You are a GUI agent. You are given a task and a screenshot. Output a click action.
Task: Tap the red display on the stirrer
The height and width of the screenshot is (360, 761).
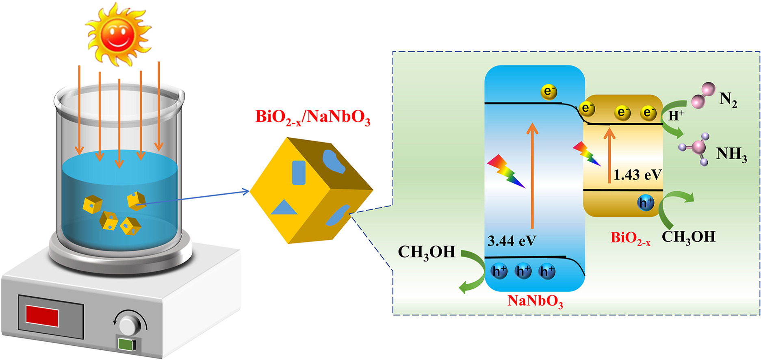(x=42, y=316)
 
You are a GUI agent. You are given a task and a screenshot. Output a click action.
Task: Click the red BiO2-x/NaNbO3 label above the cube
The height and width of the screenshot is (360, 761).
(x=312, y=117)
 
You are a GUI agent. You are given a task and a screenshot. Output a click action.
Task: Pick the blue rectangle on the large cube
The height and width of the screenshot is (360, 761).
(x=299, y=173)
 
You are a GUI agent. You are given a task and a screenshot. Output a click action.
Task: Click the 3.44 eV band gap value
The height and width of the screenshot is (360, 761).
(x=512, y=241)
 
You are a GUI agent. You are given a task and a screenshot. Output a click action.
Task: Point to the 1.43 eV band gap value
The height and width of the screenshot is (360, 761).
(x=637, y=175)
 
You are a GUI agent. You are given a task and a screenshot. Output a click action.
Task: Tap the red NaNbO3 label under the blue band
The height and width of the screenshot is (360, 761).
(x=535, y=301)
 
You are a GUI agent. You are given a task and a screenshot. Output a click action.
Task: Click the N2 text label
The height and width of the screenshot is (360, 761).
(x=728, y=100)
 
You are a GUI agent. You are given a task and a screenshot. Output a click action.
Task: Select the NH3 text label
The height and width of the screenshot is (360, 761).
(x=731, y=154)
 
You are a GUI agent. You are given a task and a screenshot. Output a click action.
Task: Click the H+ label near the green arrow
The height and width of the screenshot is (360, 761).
(x=676, y=116)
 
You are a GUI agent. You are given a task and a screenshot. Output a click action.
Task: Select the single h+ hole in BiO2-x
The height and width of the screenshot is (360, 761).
(x=645, y=202)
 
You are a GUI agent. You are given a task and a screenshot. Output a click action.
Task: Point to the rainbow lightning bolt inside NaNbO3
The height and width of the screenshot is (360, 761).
(x=505, y=171)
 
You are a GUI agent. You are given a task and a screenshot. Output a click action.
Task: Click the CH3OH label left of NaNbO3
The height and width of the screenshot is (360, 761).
(x=427, y=252)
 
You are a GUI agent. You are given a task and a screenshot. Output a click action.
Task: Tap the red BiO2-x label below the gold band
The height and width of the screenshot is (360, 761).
(x=630, y=238)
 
